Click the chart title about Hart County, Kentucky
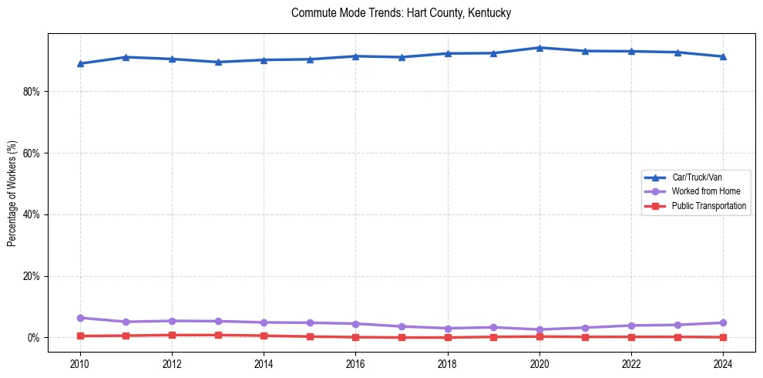(x=401, y=13)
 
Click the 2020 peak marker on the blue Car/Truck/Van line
(x=539, y=48)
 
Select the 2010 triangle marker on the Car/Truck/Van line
(x=80, y=63)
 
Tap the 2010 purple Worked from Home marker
(x=80, y=318)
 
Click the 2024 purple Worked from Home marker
(x=723, y=322)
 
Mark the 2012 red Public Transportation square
(x=172, y=335)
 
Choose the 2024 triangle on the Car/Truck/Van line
(x=723, y=56)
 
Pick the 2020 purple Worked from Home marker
(x=539, y=329)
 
